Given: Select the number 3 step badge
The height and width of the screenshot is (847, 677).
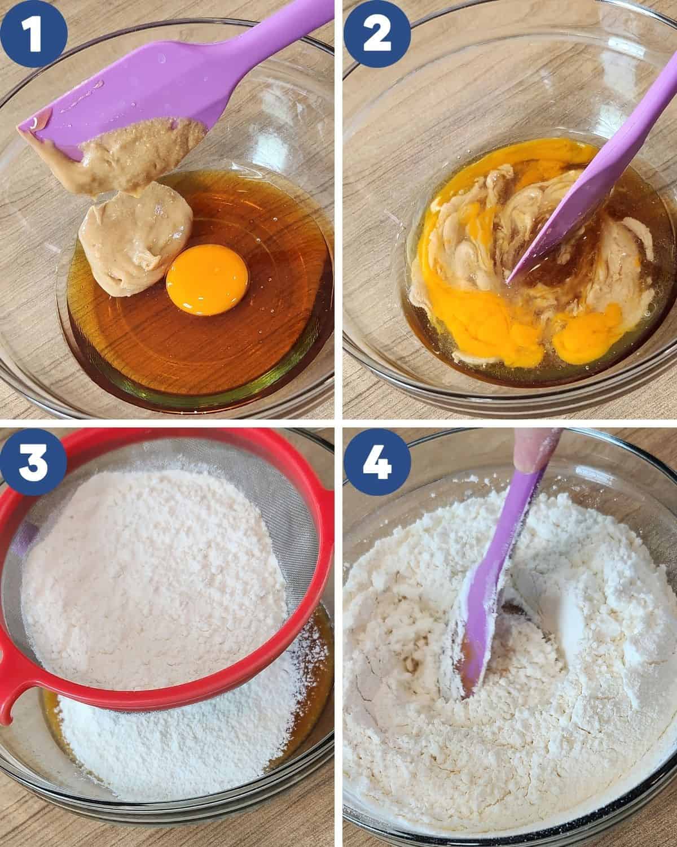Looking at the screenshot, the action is coord(33,461).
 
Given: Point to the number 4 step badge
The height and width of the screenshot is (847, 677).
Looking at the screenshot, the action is coord(377,461).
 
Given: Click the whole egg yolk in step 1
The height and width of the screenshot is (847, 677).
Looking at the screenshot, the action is coord(207,280).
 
